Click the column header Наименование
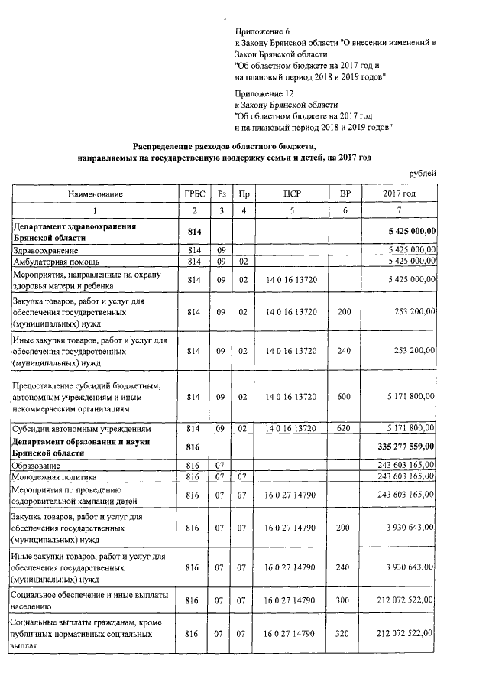click(x=96, y=194)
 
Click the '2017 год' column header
click(x=399, y=194)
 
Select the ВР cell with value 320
click(x=345, y=634)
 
